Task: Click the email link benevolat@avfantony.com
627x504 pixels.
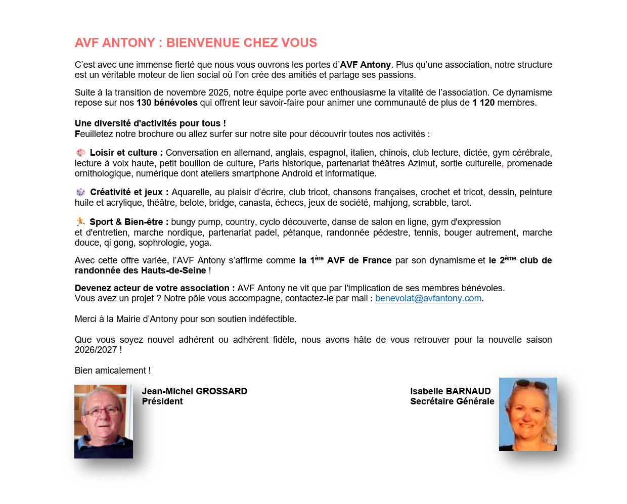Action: click(x=428, y=298)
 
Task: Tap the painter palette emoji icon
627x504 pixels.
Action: click(x=80, y=153)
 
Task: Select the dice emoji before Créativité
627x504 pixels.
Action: click(x=80, y=192)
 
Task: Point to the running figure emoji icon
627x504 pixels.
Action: click(x=80, y=221)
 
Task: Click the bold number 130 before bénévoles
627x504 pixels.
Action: click(x=144, y=103)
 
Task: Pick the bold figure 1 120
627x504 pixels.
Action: click(x=483, y=103)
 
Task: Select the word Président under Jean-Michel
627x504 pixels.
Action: click(x=162, y=401)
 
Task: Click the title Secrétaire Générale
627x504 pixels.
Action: click(x=452, y=401)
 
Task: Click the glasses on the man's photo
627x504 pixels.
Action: click(x=103, y=411)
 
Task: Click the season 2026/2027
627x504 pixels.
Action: click(x=96, y=350)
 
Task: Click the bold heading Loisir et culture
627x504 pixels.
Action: click(x=126, y=153)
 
